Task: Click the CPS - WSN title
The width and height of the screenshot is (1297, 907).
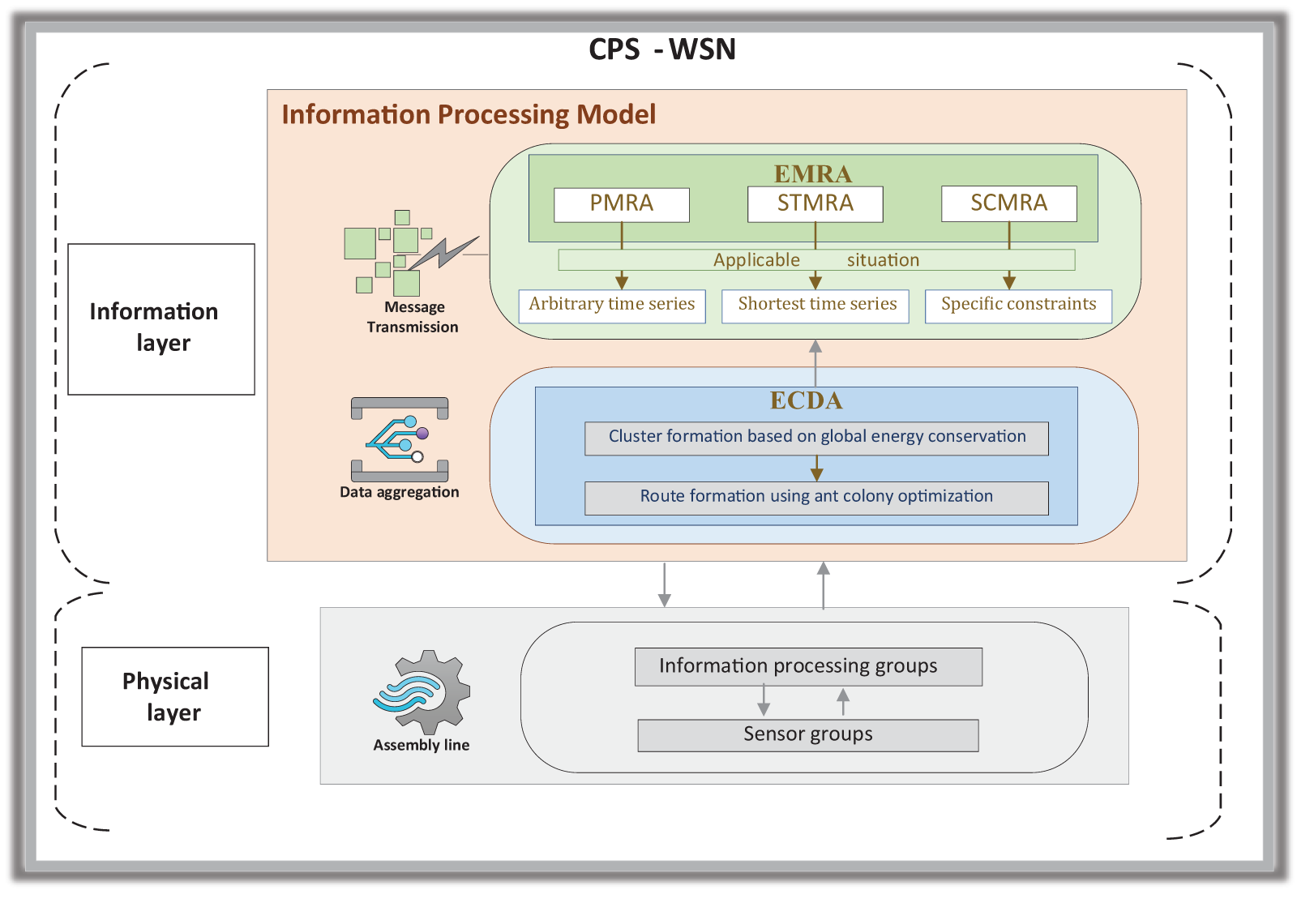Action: (661, 49)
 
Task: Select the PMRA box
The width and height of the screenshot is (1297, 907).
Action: (622, 204)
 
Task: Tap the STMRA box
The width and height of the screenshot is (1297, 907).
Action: (815, 204)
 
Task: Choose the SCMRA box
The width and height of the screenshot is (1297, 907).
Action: (1009, 204)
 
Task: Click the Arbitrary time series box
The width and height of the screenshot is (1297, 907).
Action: (612, 306)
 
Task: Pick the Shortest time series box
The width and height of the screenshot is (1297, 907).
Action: (815, 306)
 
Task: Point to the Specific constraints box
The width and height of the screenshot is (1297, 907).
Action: (1018, 306)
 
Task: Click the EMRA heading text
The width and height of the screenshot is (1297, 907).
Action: (813, 173)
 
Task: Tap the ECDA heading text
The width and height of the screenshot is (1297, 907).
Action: (806, 400)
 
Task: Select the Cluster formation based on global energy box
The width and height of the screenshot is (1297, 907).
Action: (816, 438)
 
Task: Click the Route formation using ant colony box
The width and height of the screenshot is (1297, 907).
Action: (816, 498)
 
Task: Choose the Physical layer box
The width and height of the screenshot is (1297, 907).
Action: (175, 696)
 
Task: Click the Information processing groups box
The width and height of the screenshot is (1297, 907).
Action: (808, 666)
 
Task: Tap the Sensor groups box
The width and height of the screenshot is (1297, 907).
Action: (808, 735)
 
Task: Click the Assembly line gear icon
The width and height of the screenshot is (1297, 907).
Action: (422, 691)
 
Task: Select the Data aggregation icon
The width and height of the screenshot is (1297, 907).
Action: (400, 439)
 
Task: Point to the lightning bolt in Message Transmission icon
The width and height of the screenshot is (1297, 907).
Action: (444, 253)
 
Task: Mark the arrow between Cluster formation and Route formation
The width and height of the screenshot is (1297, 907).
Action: (816, 468)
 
